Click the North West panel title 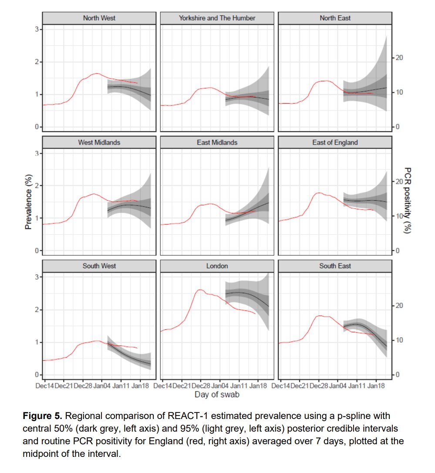(99, 18)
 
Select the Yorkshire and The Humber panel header (217, 18)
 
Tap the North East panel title (335, 18)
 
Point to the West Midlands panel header (99, 142)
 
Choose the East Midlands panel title (217, 142)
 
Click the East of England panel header (335, 142)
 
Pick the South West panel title (99, 266)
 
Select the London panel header (217, 266)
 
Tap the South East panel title (335, 266)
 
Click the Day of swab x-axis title (216, 395)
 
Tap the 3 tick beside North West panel (38, 29)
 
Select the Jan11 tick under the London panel (239, 386)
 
